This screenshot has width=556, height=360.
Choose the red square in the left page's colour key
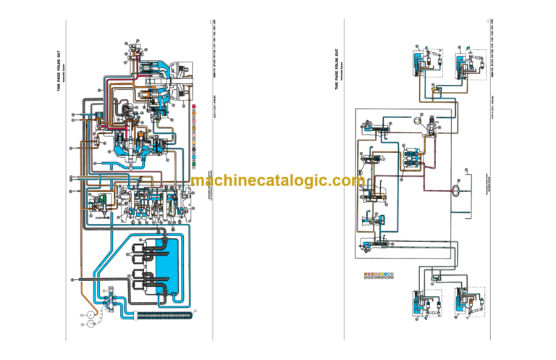(195, 108)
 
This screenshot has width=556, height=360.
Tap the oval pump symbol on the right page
(457, 190)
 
